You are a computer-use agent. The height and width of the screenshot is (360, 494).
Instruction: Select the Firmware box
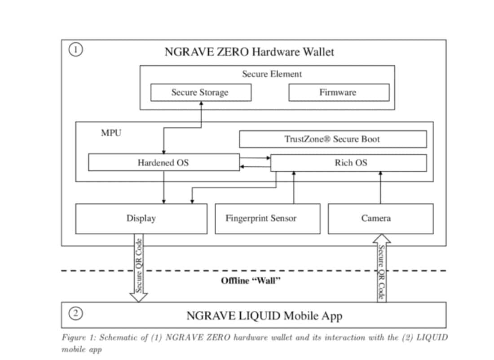338,93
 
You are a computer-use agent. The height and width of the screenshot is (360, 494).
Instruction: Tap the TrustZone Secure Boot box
332,139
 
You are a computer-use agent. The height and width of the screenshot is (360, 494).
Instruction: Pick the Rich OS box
348,163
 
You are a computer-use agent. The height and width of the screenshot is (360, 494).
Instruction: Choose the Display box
141,219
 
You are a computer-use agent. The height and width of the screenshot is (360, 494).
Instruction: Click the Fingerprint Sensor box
267,219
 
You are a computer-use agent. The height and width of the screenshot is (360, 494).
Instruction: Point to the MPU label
110,133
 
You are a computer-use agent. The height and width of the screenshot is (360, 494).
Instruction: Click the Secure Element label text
272,74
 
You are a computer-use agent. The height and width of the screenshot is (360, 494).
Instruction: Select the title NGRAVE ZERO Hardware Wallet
249,52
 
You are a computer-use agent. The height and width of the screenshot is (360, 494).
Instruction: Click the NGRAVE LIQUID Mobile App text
264,316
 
